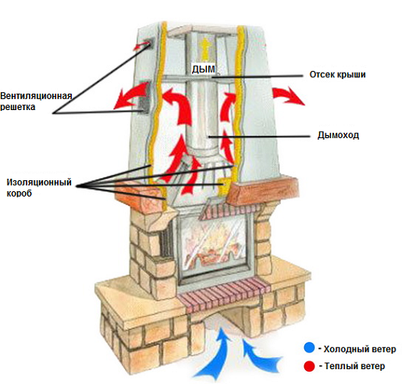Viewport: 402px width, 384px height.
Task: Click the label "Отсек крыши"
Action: click(337, 75)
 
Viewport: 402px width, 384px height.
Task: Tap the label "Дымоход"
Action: click(338, 135)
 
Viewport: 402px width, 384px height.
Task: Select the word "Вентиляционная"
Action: click(36, 96)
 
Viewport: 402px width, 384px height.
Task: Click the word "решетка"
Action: click(18, 107)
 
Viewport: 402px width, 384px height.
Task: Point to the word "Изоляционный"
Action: click(39, 182)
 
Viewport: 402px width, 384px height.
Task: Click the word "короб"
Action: click(19, 194)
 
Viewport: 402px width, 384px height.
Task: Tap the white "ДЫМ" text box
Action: click(204, 69)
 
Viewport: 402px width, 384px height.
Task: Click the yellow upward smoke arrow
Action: click(205, 48)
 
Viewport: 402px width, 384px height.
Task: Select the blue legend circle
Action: click(309, 348)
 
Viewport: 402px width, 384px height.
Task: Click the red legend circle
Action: click(309, 366)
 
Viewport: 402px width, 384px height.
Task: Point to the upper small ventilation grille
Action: click(148, 45)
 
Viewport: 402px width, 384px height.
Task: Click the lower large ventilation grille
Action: click(144, 98)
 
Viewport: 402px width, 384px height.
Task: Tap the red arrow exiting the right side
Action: click(286, 94)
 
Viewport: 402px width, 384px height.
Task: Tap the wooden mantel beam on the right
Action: click(263, 190)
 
